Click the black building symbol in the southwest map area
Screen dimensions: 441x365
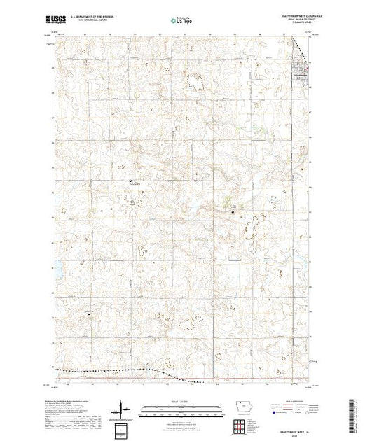88,315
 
